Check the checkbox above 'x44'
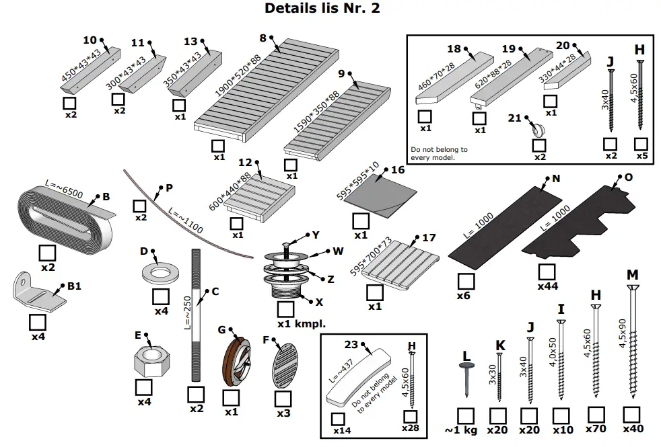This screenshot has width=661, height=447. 547,272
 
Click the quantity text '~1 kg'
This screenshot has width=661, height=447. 461,430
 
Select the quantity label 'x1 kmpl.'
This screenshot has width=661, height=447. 302,323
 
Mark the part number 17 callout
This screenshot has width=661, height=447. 429,238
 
